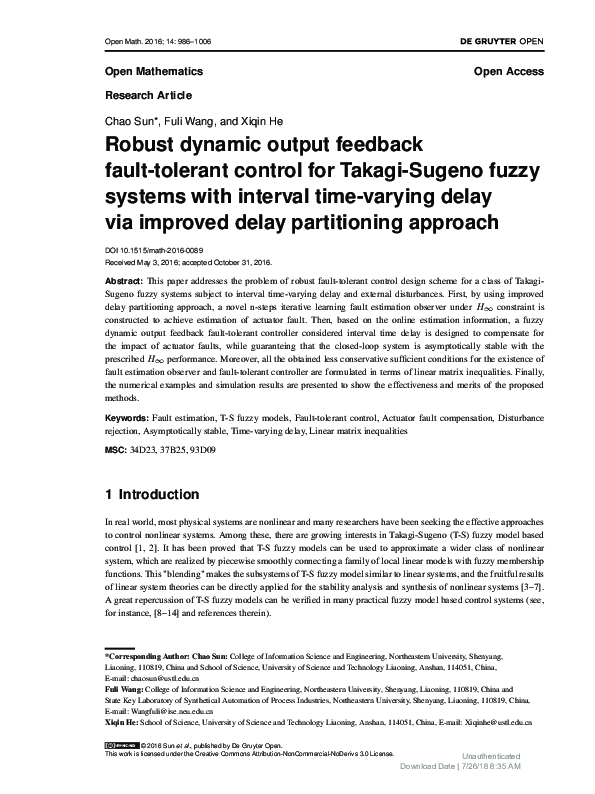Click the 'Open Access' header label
[508, 72]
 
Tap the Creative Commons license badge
[121, 746]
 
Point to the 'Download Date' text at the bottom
[427, 767]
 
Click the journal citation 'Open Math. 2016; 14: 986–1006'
[158, 43]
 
